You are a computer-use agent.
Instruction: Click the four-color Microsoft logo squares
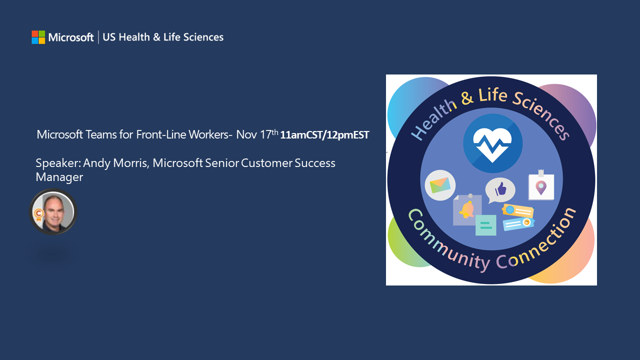click(x=38, y=37)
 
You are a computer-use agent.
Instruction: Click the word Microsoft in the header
click(x=71, y=37)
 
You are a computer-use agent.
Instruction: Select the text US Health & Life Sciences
click(x=163, y=37)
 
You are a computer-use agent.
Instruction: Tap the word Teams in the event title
click(x=105, y=134)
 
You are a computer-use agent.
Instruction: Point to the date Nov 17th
click(x=256, y=134)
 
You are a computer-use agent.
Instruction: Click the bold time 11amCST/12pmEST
click(x=324, y=135)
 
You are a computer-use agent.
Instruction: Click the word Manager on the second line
click(x=59, y=177)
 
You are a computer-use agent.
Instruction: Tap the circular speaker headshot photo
click(x=53, y=212)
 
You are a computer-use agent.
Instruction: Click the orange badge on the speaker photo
click(x=37, y=213)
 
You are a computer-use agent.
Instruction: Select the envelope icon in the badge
click(x=439, y=185)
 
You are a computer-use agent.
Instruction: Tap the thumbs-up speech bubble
click(x=500, y=189)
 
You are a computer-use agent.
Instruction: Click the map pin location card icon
click(x=541, y=186)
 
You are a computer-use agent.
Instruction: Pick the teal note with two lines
click(x=485, y=225)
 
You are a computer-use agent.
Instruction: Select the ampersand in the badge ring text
click(x=467, y=97)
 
